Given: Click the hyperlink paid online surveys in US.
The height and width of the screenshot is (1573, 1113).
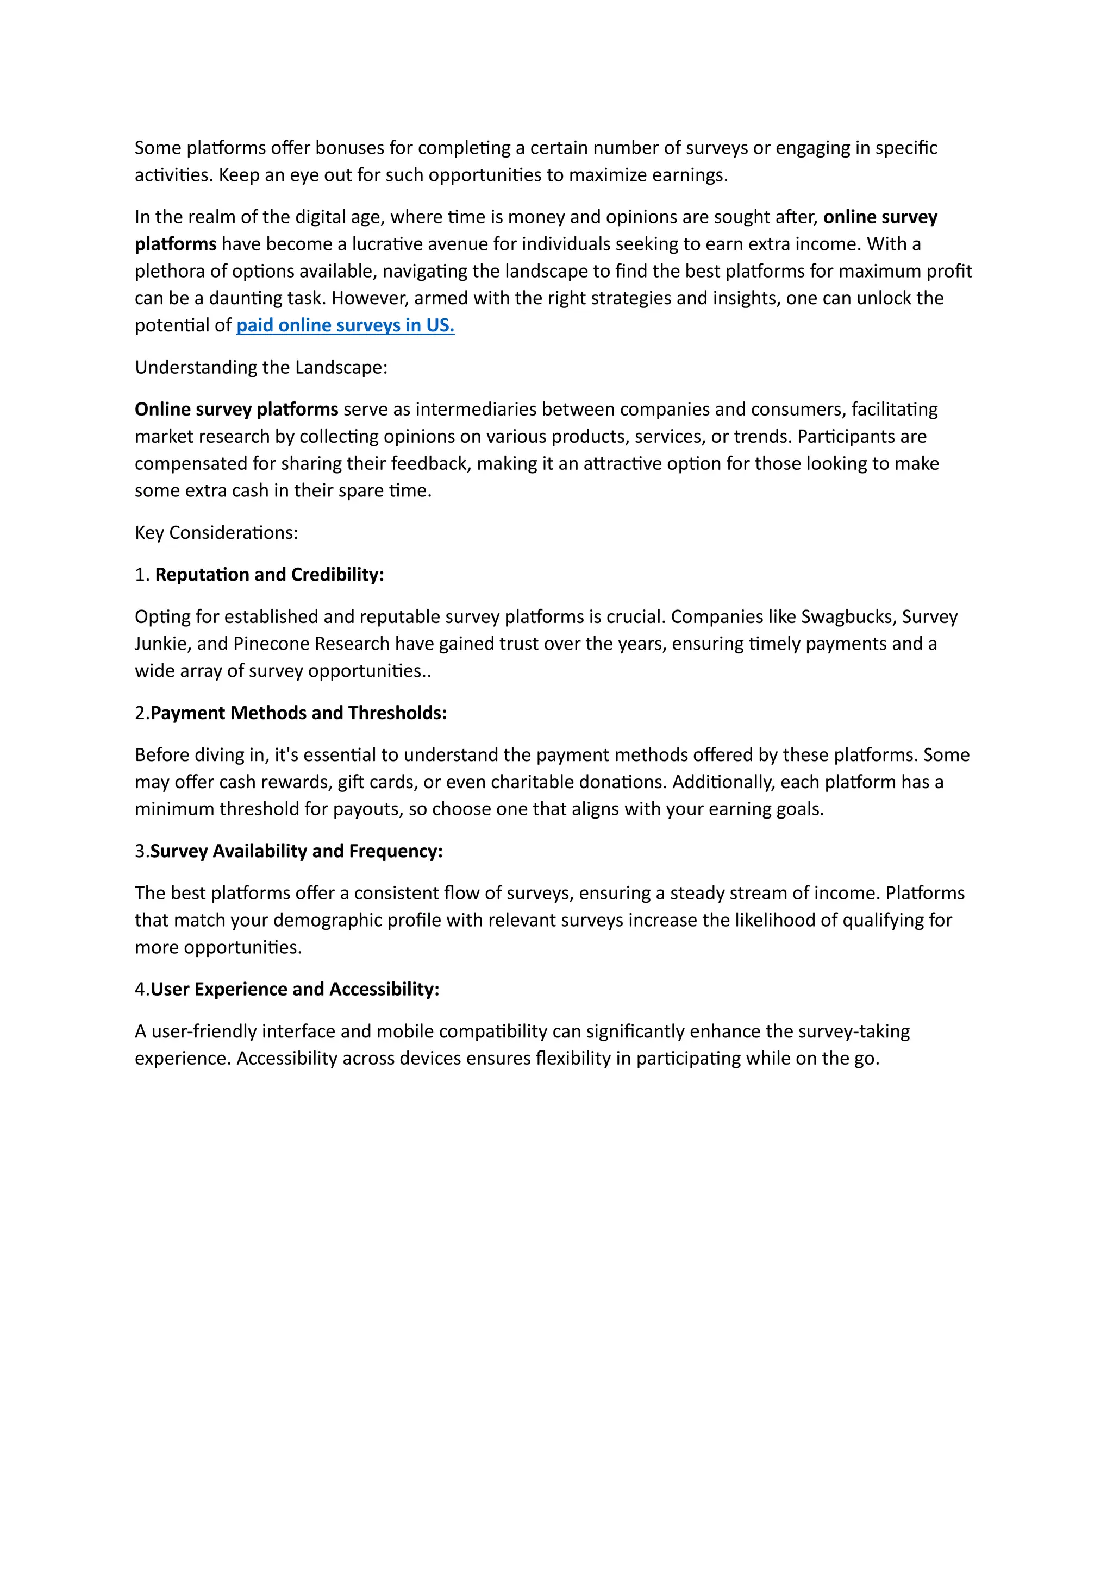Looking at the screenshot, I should coord(346,325).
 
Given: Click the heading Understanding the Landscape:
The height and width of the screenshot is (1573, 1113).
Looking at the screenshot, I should coord(261,367).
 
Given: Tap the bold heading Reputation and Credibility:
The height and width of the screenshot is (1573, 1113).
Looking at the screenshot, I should coord(270,574).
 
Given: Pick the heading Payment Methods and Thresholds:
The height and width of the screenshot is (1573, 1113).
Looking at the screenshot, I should coord(298,713).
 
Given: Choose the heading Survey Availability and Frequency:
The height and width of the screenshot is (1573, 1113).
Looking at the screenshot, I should coord(296,851).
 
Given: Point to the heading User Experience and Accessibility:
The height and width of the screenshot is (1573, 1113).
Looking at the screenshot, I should coord(295,989).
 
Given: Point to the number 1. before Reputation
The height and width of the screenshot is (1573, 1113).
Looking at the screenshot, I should coord(142,574).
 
